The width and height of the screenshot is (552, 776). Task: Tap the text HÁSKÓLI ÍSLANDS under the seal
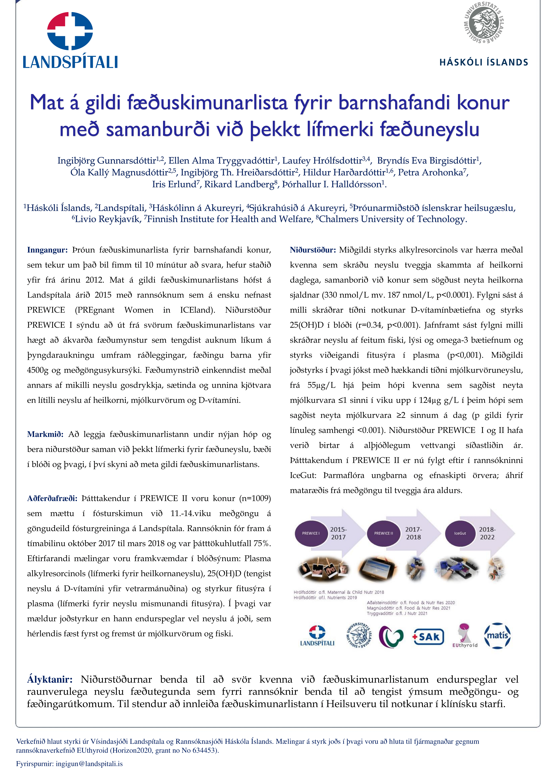pyautogui.click(x=484, y=62)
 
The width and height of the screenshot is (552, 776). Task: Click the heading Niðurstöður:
pyautogui.click(x=312, y=250)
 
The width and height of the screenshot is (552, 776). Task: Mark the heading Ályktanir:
pyautogui.click(x=50, y=679)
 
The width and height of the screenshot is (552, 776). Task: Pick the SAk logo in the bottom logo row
pyautogui.click(x=428, y=637)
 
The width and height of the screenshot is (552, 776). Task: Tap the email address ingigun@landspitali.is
pyautogui.click(x=89, y=764)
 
